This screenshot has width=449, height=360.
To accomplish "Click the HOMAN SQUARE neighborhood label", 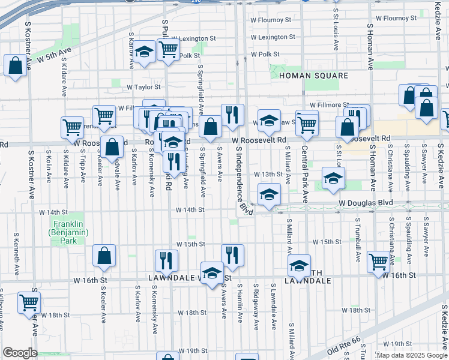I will coord(313,76).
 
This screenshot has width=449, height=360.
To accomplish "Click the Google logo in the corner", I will coord(20,353).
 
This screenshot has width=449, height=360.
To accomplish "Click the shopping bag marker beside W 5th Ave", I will coord(15,65).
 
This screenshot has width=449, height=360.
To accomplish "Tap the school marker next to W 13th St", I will coord(333,178).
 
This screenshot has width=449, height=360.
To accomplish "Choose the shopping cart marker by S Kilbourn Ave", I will coord(29,303).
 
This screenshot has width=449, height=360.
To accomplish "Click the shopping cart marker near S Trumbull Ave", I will coord(378,262).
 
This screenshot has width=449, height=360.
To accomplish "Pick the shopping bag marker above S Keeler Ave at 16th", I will coord(104,255).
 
